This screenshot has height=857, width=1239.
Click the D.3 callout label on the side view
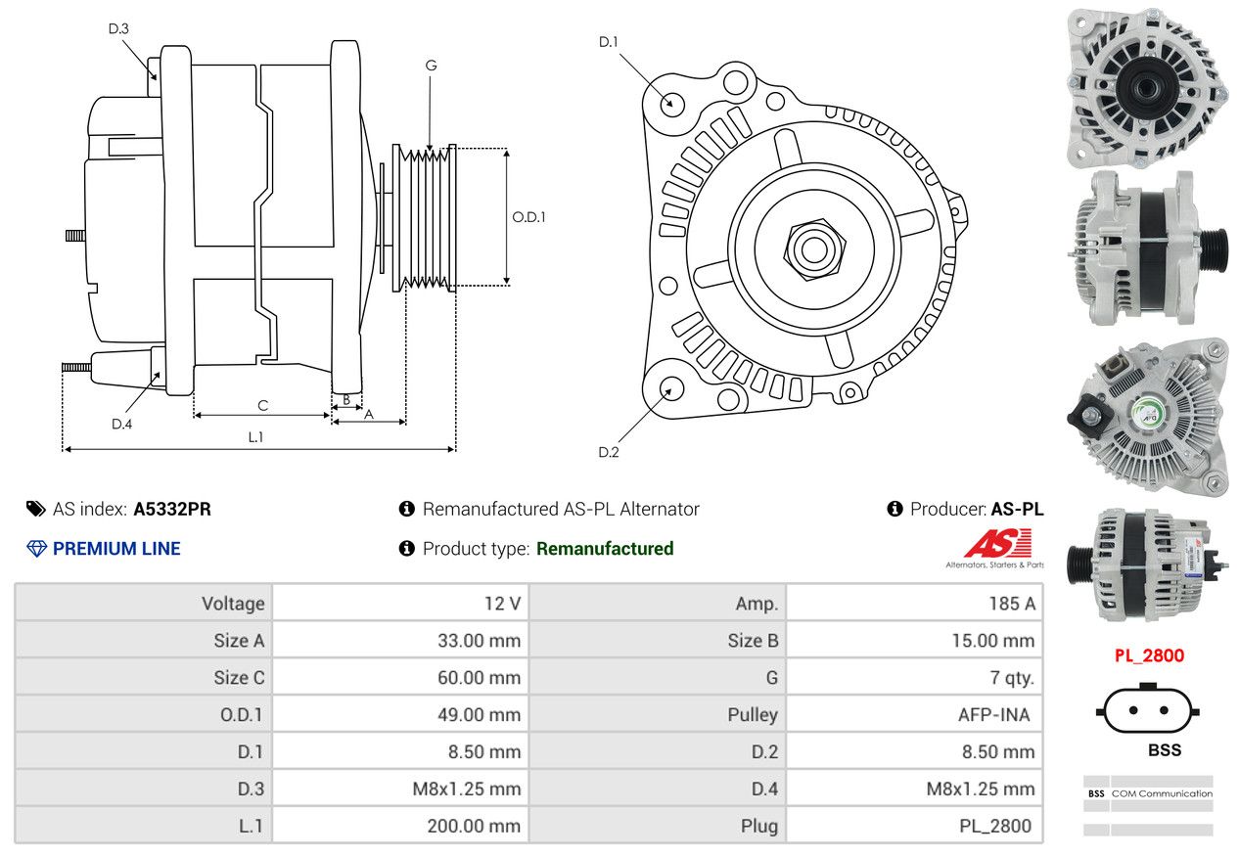point(118,28)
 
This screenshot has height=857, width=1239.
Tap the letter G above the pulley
point(431,66)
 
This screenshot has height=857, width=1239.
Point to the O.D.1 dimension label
point(528,217)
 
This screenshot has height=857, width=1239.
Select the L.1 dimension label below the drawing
point(255,437)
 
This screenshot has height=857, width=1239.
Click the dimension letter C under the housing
point(262,406)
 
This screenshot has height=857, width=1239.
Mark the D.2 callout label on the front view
point(609,452)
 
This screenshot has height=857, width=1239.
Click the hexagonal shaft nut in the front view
point(813,249)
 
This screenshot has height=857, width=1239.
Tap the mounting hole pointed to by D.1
point(672,105)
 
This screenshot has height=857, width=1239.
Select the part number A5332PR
point(172,510)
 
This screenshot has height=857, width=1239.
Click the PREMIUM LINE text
point(116,549)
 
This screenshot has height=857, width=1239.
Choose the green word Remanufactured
point(605,549)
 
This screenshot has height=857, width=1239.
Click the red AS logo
point(998,543)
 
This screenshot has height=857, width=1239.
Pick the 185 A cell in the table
point(1012,604)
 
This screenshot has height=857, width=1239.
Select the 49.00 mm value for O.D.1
point(479,714)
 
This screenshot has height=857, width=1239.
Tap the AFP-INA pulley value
point(994,714)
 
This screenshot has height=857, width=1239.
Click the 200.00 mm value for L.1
point(474,826)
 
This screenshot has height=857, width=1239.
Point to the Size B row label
point(753,640)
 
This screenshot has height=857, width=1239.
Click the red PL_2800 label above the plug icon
point(1149,655)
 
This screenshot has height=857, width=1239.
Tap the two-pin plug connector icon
point(1148,709)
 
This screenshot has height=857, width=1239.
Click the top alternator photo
point(1147,87)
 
